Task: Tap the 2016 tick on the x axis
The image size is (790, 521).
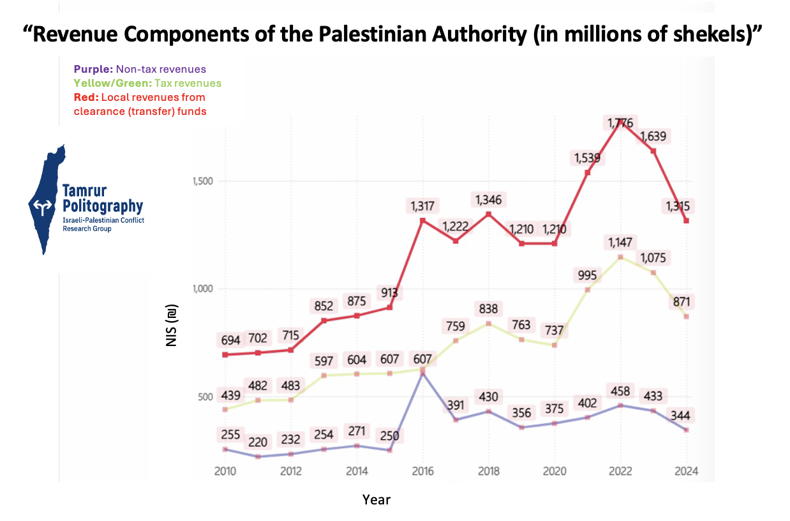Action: pos(422,472)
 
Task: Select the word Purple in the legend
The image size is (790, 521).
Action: pos(93,69)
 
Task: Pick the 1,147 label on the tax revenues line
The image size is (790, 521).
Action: pos(620,243)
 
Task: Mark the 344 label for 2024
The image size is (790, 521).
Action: pos(687,416)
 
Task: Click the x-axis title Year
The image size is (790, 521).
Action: pos(376,499)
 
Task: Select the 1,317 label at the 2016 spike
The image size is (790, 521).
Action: pos(422,206)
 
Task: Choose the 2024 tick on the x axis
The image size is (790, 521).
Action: pos(686,472)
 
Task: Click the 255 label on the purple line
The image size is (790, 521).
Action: pos(230,435)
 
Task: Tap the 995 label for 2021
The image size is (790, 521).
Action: pos(586,275)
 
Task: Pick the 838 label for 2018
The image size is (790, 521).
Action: pos(488,309)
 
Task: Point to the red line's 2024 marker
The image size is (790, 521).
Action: pos(686,221)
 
